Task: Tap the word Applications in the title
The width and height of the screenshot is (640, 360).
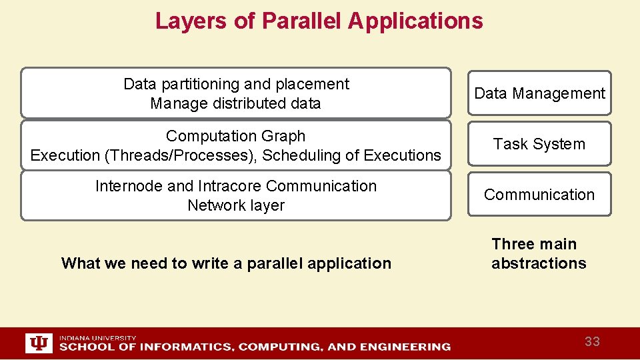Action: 415,21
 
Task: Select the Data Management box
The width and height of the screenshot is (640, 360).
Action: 539,93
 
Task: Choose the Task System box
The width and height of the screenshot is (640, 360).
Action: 539,144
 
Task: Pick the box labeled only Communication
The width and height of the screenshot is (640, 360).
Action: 539,195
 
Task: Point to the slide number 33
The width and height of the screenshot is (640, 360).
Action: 592,342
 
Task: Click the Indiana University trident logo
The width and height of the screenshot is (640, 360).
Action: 39,343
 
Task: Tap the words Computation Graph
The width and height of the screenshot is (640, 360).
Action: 235,136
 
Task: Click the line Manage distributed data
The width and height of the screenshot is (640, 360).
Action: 235,104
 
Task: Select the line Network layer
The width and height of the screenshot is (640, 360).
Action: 235,205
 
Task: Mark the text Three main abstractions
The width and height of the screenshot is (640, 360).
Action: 539,254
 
